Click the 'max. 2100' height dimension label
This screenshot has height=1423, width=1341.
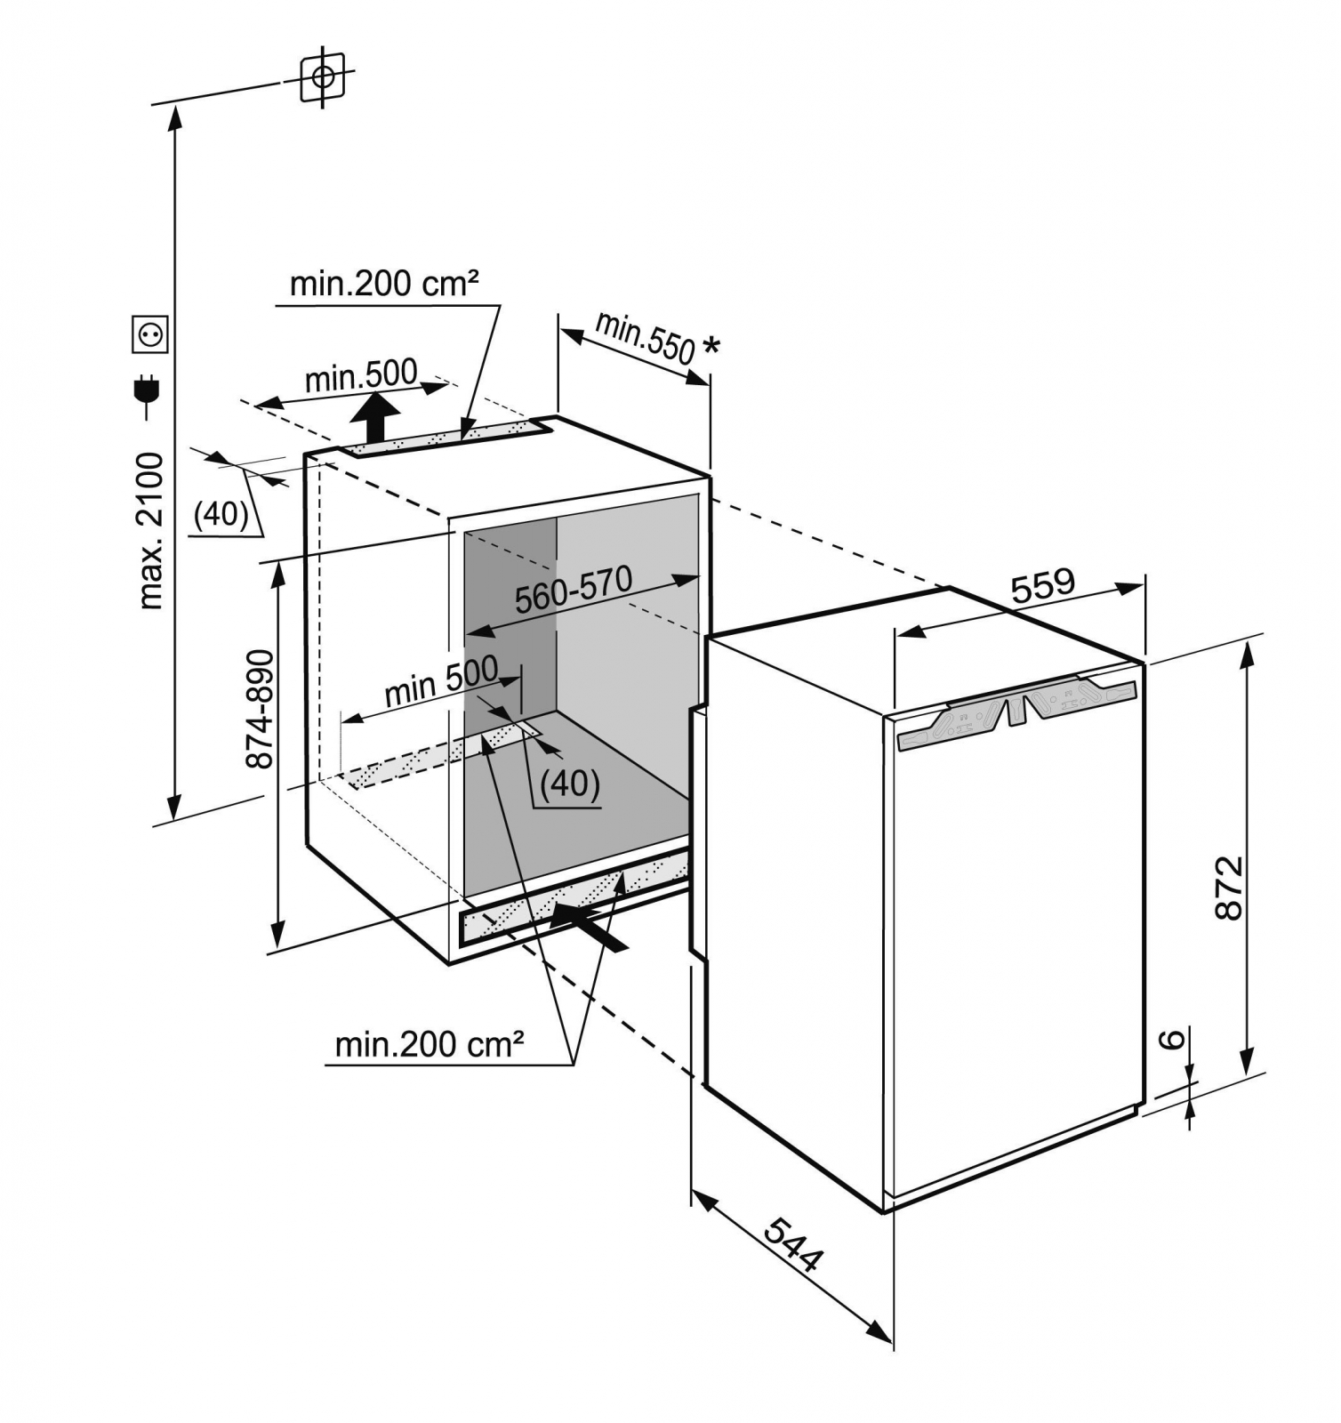pyautogui.click(x=151, y=530)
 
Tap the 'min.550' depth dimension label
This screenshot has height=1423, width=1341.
pyautogui.click(x=644, y=337)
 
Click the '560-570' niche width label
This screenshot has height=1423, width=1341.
pyautogui.click(x=574, y=589)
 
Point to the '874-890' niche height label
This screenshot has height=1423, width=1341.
pyautogui.click(x=260, y=709)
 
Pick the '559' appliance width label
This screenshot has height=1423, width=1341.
pyautogui.click(x=1043, y=585)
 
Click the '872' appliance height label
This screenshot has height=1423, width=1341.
pyautogui.click(x=1228, y=887)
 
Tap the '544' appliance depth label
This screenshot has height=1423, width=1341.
pyautogui.click(x=794, y=1244)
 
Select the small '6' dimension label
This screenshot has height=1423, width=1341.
pyautogui.click(x=1173, y=1038)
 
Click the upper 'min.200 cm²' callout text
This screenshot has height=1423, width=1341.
pyautogui.click(x=384, y=284)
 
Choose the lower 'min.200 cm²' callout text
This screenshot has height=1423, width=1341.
pyautogui.click(x=429, y=1043)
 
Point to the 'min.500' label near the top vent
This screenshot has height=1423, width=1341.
pyautogui.click(x=360, y=376)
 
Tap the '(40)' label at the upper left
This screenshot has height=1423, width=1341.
pyautogui.click(x=221, y=514)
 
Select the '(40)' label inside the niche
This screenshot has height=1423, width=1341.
pyautogui.click(x=570, y=783)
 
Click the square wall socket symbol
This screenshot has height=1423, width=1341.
pyautogui.click(x=149, y=334)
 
